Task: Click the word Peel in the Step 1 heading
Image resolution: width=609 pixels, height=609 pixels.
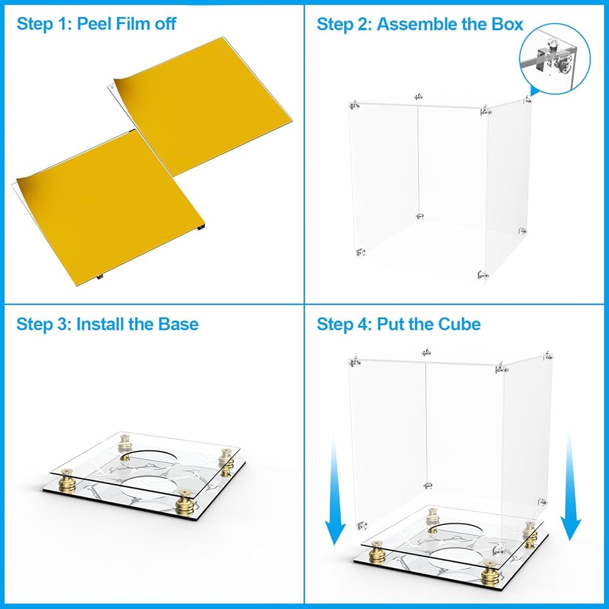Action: coord(94,24)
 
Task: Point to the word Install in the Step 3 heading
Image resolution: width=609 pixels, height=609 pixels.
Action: coord(100,324)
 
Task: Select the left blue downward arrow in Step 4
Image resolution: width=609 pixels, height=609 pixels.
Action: coord(334,490)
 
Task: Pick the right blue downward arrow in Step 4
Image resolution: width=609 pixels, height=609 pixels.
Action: coord(570,486)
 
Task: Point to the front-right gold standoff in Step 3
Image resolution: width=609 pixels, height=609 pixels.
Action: coord(185,502)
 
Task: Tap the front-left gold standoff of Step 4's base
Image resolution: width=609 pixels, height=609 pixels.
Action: coord(378,552)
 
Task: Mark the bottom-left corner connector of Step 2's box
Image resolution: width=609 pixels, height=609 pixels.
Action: coord(361,253)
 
